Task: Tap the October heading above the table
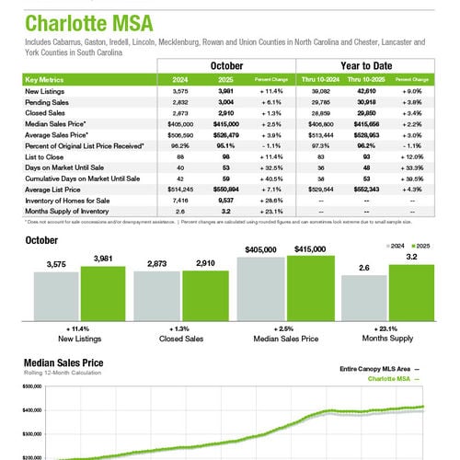[225, 66]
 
